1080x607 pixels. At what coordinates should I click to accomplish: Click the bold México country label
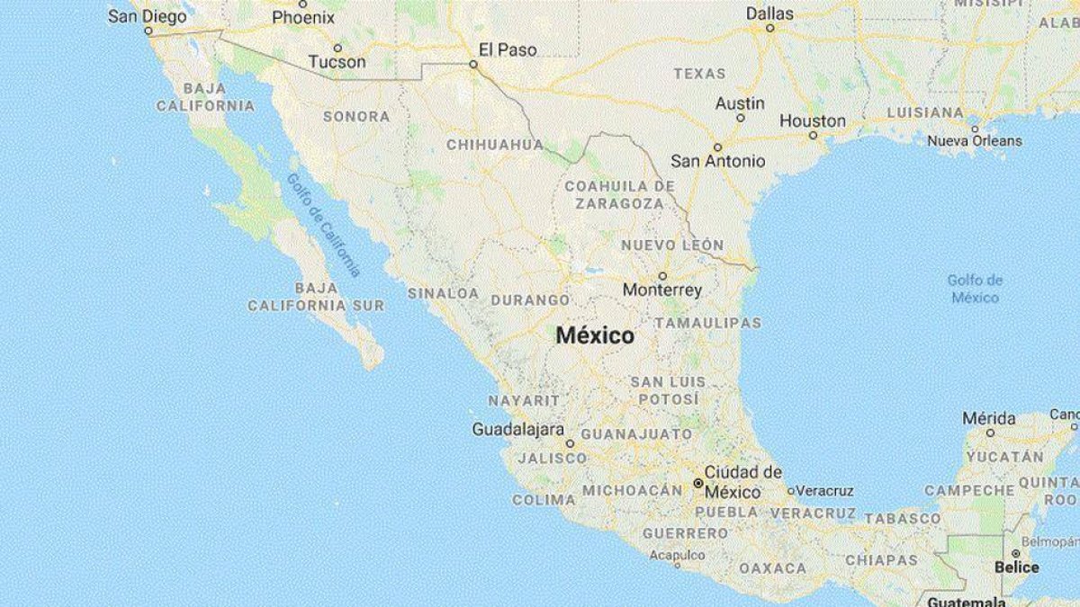pos(595,336)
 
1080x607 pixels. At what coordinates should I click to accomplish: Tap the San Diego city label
pos(147,16)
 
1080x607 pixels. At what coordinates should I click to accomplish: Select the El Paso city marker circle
pos(473,65)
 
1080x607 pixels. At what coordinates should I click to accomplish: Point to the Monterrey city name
pos(662,290)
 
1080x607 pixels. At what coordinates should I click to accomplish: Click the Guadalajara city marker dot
pos(570,443)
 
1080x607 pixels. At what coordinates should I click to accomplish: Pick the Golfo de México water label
pos(975,289)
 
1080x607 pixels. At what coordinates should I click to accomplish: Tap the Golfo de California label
pos(323,224)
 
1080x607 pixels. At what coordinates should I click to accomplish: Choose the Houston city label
pos(813,121)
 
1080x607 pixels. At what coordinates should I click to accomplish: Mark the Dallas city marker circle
pos(770,28)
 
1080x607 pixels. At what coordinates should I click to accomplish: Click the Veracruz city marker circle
pos(791,491)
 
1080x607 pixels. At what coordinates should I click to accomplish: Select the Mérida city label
pos(989,418)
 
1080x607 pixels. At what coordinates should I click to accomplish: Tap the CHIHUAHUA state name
pos(495,144)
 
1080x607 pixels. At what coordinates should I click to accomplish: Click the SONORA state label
pos(356,116)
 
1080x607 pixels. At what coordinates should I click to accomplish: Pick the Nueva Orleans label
pos(975,140)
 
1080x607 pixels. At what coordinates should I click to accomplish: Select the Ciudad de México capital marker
pos(697,483)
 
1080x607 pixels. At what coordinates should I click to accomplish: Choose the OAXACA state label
pos(772,567)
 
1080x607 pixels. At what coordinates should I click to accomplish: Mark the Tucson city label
pos(337,62)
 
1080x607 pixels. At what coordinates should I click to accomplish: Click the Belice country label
pos(1016,567)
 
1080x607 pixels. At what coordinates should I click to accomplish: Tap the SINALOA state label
pos(443,293)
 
